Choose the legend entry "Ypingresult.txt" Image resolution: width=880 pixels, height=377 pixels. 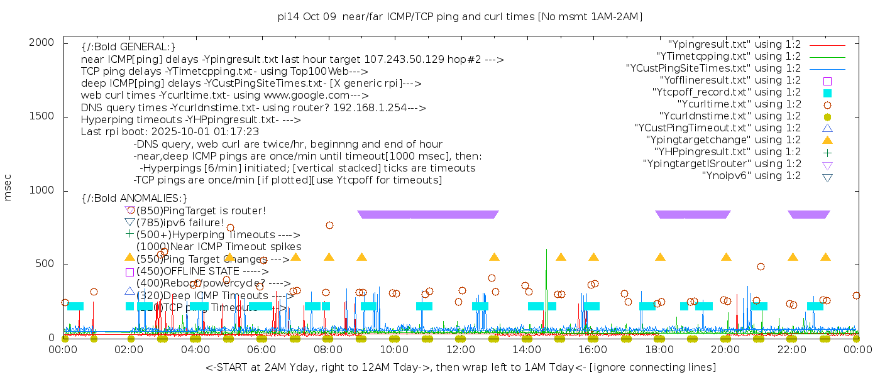click(x=734, y=45)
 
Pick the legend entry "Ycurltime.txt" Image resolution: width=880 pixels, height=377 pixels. click(x=739, y=104)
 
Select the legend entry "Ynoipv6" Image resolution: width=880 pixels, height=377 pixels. click(x=751, y=176)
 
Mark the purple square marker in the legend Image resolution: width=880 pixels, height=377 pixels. click(x=827, y=81)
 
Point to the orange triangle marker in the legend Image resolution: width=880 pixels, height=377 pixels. click(x=827, y=140)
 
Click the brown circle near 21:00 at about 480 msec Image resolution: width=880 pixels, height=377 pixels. click(x=761, y=266)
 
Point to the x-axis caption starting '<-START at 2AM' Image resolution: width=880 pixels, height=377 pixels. click(x=460, y=367)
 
